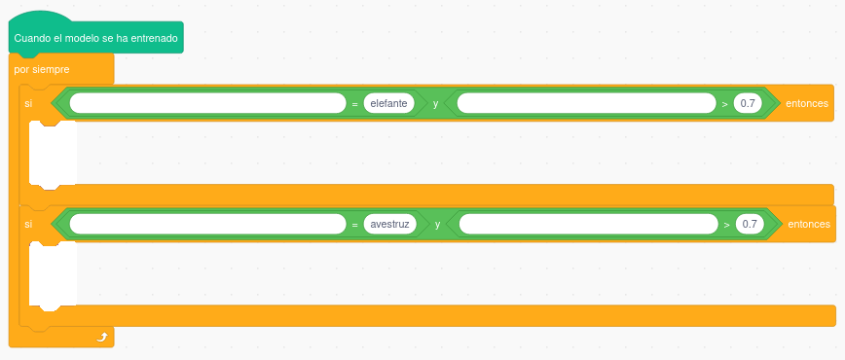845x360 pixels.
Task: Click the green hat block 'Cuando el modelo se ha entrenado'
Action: (x=95, y=38)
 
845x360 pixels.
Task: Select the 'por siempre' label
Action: (x=42, y=69)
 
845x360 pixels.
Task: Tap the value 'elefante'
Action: (x=389, y=102)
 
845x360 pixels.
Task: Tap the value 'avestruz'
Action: (x=391, y=224)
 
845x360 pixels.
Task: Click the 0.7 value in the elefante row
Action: (x=748, y=102)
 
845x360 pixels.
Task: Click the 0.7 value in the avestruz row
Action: (x=750, y=224)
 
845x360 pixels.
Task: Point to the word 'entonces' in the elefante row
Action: (x=807, y=102)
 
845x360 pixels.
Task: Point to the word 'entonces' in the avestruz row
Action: (x=809, y=224)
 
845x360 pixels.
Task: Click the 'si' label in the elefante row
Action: (x=28, y=102)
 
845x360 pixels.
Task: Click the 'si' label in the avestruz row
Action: (x=28, y=224)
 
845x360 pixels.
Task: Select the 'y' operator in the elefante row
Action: (x=435, y=102)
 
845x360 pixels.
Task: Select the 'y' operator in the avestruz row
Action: (x=437, y=224)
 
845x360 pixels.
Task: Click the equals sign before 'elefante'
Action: (x=355, y=102)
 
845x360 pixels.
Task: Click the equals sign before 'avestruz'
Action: (x=355, y=224)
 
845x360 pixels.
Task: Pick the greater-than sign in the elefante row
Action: (x=725, y=102)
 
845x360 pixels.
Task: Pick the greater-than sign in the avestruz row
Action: (x=727, y=224)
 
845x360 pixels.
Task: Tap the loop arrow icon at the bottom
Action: (x=101, y=337)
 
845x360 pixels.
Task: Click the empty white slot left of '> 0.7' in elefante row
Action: (x=586, y=102)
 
